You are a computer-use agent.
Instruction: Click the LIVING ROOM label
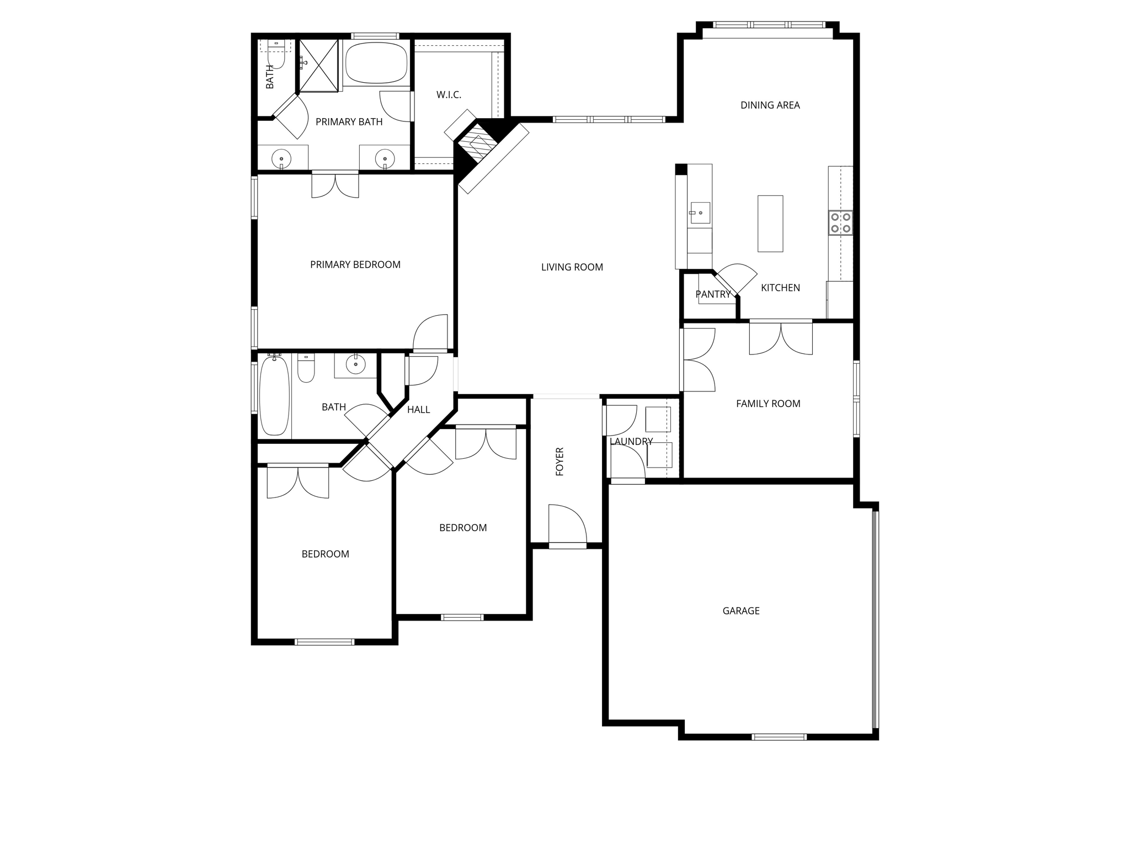point(572,267)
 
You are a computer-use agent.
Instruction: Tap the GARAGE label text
point(740,611)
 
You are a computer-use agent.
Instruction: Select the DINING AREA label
point(770,105)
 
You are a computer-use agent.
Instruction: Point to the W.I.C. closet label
point(449,95)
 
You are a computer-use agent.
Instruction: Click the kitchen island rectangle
point(770,224)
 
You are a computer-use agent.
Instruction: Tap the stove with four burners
point(840,222)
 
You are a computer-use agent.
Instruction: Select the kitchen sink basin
point(700,213)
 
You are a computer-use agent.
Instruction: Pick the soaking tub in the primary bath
point(376,63)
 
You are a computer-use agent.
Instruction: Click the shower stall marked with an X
point(318,65)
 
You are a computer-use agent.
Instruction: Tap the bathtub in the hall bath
point(274,395)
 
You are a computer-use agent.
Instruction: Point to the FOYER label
point(559,462)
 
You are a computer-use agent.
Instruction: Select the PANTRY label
point(713,294)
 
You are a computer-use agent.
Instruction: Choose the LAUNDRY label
point(631,442)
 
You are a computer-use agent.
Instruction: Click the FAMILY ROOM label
point(767,404)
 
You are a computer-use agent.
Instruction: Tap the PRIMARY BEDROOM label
point(355,264)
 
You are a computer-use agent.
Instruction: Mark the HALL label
point(418,410)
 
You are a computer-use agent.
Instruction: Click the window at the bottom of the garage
point(779,736)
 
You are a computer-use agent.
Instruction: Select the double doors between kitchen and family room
point(780,337)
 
